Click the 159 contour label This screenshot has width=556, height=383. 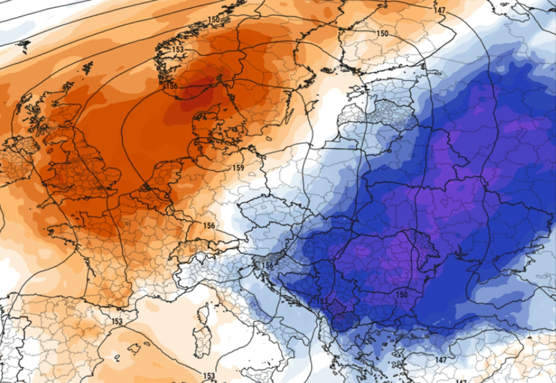(x=239, y=168)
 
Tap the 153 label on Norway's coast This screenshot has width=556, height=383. (x=178, y=49)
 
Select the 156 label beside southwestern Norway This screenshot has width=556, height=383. (x=171, y=86)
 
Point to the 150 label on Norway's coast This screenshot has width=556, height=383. (x=214, y=20)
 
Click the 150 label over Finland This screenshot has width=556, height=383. (x=382, y=33)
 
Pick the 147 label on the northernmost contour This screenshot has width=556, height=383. (x=439, y=10)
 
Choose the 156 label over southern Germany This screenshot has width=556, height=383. (x=209, y=226)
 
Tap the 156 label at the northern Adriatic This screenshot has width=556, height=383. (x=268, y=266)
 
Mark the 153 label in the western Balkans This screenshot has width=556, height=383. (x=322, y=301)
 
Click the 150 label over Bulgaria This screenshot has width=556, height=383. (x=401, y=295)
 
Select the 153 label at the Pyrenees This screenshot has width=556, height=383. (x=117, y=321)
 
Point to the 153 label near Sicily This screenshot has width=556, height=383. (x=210, y=376)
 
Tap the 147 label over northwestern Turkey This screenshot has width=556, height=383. (x=440, y=360)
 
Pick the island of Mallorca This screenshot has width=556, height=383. (x=134, y=349)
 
